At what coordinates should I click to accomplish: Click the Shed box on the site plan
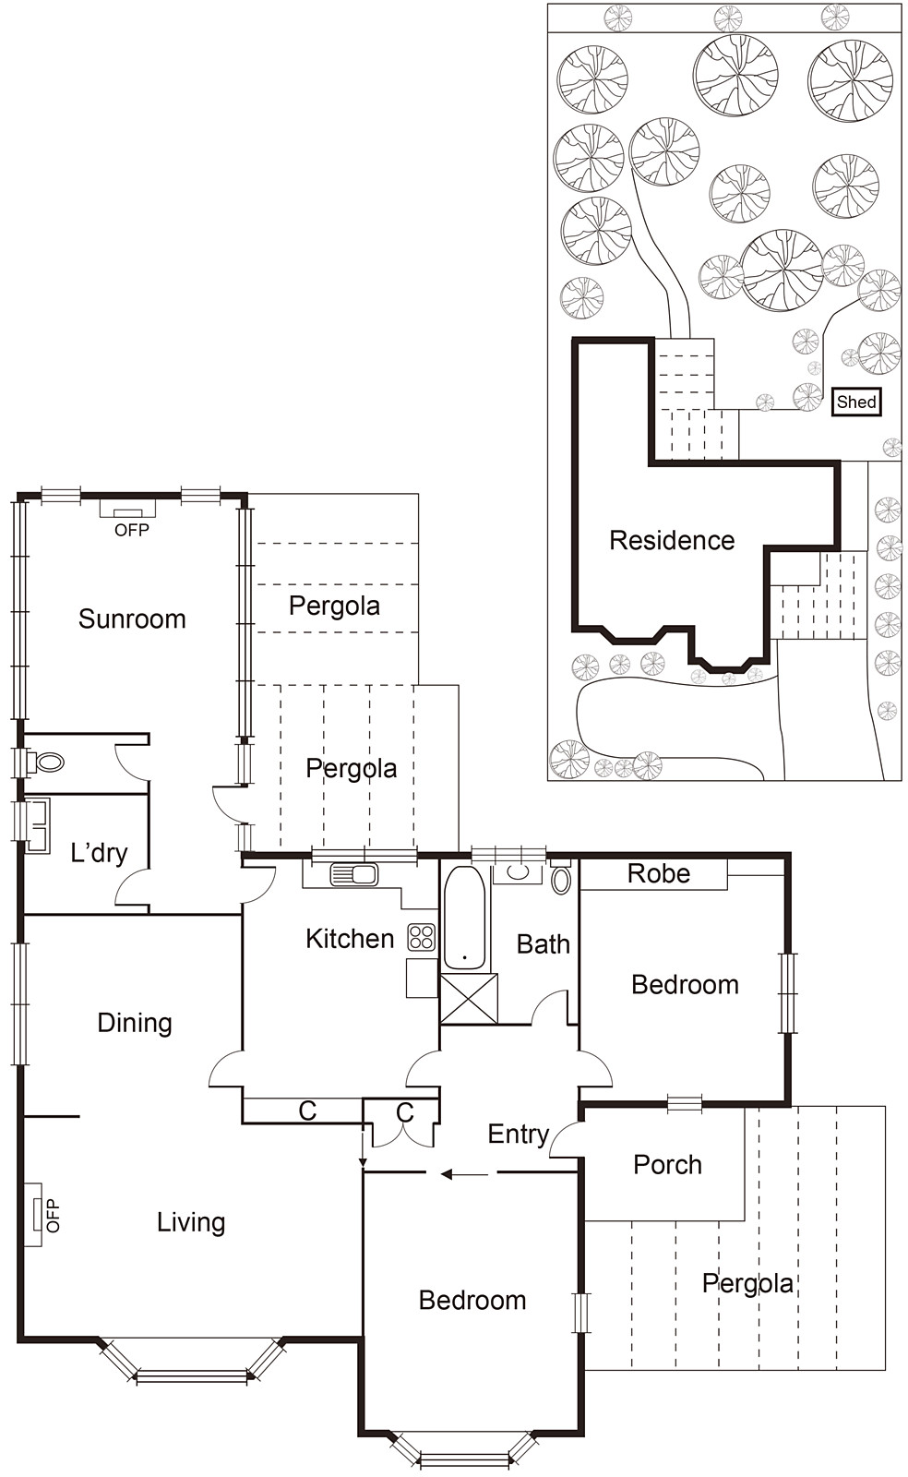click(x=855, y=402)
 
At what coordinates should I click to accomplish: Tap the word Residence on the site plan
click(x=672, y=540)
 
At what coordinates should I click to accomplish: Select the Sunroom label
click(x=132, y=618)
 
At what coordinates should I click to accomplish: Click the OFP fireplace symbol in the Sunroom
click(x=127, y=509)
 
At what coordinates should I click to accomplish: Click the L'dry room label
click(x=99, y=852)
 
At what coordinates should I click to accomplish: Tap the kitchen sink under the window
click(x=354, y=873)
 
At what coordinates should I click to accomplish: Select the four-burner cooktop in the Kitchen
click(x=422, y=937)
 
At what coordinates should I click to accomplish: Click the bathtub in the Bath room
click(x=464, y=919)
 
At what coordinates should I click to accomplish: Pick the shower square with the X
click(x=469, y=998)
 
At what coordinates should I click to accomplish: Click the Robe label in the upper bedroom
click(x=658, y=873)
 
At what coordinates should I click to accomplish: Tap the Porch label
click(x=667, y=1165)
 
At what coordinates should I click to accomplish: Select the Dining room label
click(x=135, y=1023)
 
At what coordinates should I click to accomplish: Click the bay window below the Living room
click(x=192, y=1374)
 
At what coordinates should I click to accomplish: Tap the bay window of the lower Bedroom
click(x=464, y=1457)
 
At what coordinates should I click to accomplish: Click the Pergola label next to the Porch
click(x=747, y=1283)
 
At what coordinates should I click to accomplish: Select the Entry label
click(x=518, y=1134)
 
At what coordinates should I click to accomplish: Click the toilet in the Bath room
click(x=561, y=880)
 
